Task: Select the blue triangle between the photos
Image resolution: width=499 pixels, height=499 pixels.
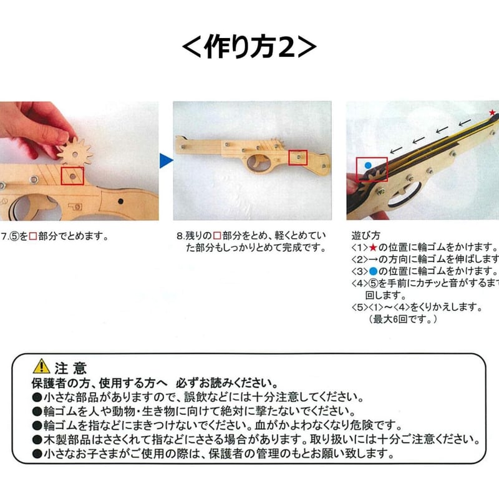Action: click(x=165, y=161)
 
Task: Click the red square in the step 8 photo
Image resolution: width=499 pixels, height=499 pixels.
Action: click(x=298, y=157)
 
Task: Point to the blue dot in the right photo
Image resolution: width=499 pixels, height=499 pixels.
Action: click(x=367, y=166)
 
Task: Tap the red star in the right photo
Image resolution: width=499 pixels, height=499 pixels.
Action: click(x=492, y=113)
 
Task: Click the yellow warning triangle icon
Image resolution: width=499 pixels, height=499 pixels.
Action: click(x=41, y=366)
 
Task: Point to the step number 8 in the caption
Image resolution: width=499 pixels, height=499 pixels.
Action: click(x=180, y=236)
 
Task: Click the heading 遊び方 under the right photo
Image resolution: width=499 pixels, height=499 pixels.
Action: click(x=367, y=236)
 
